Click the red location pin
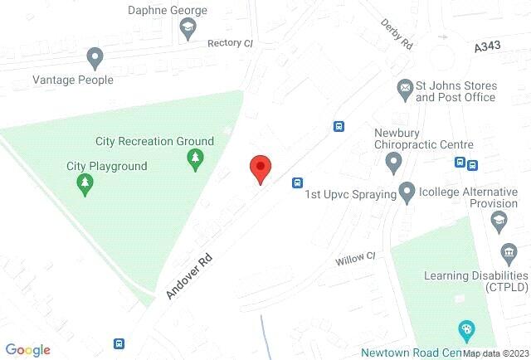pos(261,169)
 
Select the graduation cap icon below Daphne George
pos(188,30)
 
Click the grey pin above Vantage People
pos(95,58)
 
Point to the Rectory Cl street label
pos(230,43)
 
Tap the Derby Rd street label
pos(397,36)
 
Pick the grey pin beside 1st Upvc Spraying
pos(407,193)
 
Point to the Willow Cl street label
pos(355,260)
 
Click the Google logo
pos(27,350)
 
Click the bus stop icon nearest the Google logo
pos(119,343)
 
